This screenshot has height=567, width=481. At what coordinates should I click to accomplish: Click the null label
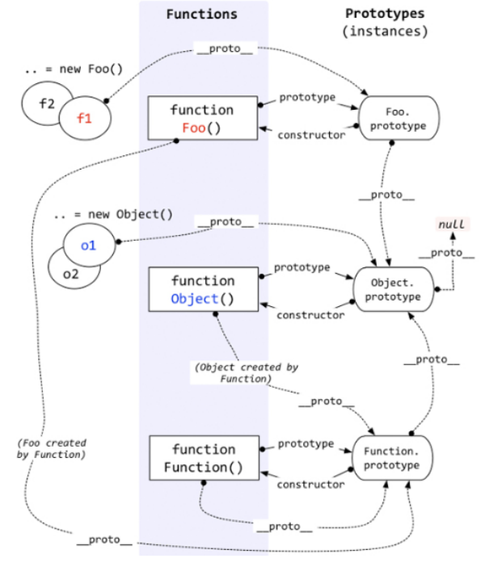tap(452, 225)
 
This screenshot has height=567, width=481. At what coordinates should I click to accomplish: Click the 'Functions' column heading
tap(201, 14)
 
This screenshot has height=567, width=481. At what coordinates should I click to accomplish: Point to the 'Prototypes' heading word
tap(385, 14)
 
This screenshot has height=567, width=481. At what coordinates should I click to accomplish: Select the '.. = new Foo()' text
tap(74, 69)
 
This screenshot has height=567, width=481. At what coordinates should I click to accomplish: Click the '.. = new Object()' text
tap(113, 214)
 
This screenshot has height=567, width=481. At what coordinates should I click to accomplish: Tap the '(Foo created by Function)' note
tap(52, 449)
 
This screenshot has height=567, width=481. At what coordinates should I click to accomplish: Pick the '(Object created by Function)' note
tap(246, 373)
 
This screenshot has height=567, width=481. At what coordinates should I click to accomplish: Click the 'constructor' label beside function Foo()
tap(311, 135)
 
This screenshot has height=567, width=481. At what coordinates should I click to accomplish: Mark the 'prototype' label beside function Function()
tap(306, 443)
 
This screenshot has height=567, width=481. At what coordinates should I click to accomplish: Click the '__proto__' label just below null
tap(446, 253)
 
